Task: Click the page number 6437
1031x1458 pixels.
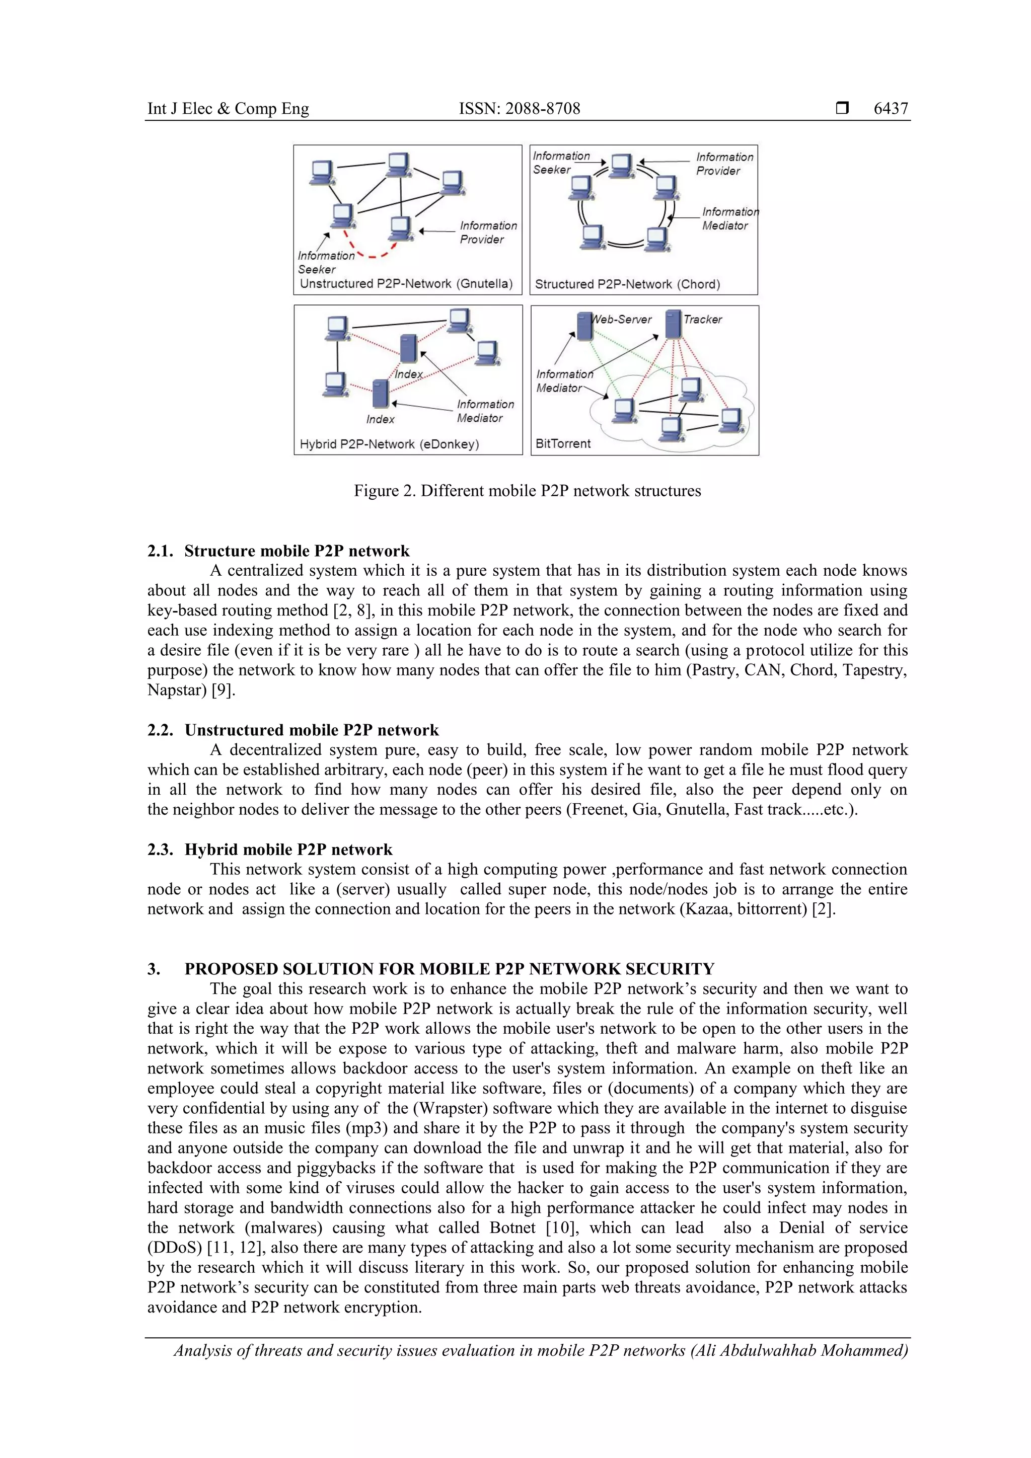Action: tap(890, 109)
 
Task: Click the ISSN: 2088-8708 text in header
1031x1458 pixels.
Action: tap(519, 109)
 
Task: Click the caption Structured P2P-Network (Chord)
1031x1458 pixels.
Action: tap(627, 284)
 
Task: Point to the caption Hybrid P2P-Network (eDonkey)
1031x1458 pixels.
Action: tap(389, 444)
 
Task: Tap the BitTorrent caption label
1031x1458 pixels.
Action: tap(563, 443)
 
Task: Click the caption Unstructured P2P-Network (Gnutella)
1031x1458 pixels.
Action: tap(405, 283)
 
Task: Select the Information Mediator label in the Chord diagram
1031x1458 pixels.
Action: tap(728, 218)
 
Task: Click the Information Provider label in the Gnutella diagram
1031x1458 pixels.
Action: tap(487, 233)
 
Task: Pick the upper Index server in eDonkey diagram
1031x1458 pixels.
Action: tap(408, 348)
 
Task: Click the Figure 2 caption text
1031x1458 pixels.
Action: tap(527, 491)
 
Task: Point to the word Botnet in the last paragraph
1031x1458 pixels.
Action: tap(512, 1227)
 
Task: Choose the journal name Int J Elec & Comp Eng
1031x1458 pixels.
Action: tap(228, 109)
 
